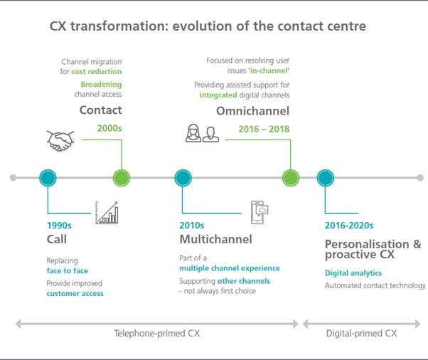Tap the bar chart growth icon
(107, 213)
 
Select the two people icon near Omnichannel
(201, 133)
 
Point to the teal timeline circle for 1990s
(48, 177)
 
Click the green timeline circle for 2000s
(122, 177)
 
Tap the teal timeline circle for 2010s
(183, 177)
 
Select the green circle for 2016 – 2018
(290, 177)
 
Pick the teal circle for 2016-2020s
(325, 177)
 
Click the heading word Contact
(100, 110)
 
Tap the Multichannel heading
(215, 239)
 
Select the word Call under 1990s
(57, 239)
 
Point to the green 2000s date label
(109, 128)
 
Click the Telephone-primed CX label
(156, 332)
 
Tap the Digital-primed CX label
(361, 332)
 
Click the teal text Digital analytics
(353, 272)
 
